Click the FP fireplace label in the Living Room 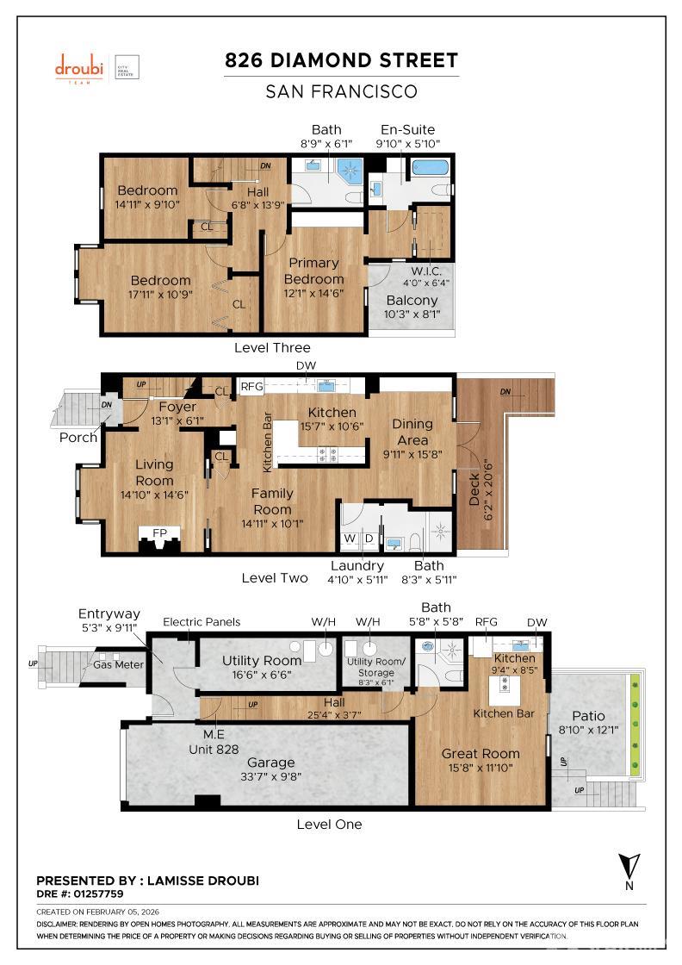pos(159,533)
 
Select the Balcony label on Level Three pos(411,301)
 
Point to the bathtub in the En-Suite pos(430,168)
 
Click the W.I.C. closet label pos(426,271)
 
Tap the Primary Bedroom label pos(314,271)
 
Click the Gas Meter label pos(117,664)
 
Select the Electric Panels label pos(201,622)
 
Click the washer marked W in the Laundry pos(350,539)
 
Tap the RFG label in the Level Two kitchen pos(251,388)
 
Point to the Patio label pos(588,716)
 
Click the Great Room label pos(480,754)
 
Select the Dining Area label pos(412,431)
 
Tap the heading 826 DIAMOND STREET pos(341,60)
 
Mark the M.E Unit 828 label pos(214,742)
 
